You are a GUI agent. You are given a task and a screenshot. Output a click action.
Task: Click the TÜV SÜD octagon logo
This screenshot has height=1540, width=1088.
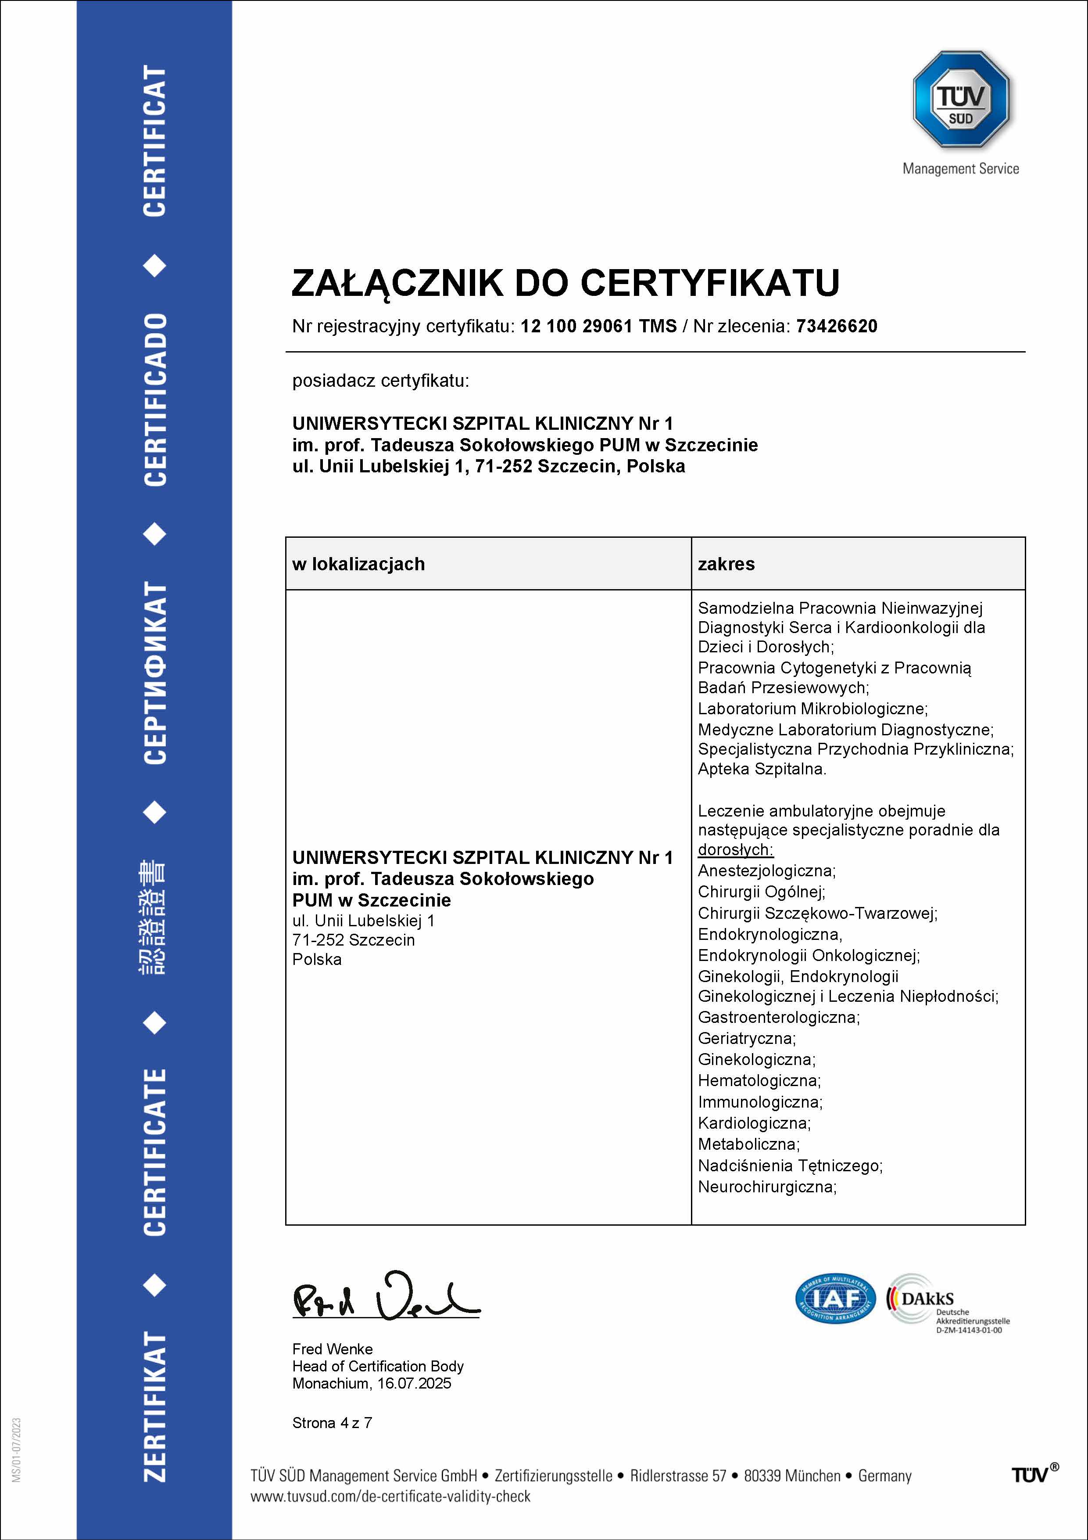(961, 99)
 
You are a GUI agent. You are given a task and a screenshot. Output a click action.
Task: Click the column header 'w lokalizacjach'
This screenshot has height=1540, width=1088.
(358, 564)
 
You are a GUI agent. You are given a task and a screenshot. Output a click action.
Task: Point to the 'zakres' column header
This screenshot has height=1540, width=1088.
(726, 564)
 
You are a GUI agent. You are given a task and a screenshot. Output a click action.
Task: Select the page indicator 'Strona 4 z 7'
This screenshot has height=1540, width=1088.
(332, 1423)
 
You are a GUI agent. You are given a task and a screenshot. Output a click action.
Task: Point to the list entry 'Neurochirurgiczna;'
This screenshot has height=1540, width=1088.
(767, 1187)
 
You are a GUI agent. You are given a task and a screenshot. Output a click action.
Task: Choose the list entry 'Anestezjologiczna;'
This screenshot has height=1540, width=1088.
(766, 871)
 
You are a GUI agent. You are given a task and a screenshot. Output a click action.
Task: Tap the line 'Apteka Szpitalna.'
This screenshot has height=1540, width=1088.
(762, 769)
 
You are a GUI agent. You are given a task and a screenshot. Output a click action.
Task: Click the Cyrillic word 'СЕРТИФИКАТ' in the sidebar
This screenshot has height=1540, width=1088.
(155, 672)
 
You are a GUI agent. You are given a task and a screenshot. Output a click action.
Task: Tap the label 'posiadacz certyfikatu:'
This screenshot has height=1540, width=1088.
(380, 381)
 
